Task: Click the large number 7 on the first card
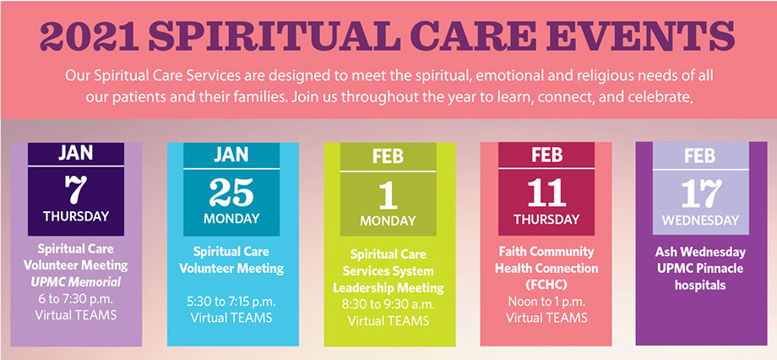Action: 76,190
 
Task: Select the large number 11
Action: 546,193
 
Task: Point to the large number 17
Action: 701,194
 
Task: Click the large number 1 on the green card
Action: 388,195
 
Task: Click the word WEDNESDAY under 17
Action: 700,221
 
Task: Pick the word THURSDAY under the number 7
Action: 76,216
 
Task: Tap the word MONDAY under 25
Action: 231,219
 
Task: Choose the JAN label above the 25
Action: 231,155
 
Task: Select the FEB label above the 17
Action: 700,155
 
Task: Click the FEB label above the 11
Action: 546,155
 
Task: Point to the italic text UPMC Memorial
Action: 76,282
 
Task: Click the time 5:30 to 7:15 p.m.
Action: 231,302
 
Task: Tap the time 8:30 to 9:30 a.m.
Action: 388,304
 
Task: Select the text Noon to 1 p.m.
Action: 546,301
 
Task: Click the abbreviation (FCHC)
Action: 546,285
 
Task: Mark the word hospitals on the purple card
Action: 700,285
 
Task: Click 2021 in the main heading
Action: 90,37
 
